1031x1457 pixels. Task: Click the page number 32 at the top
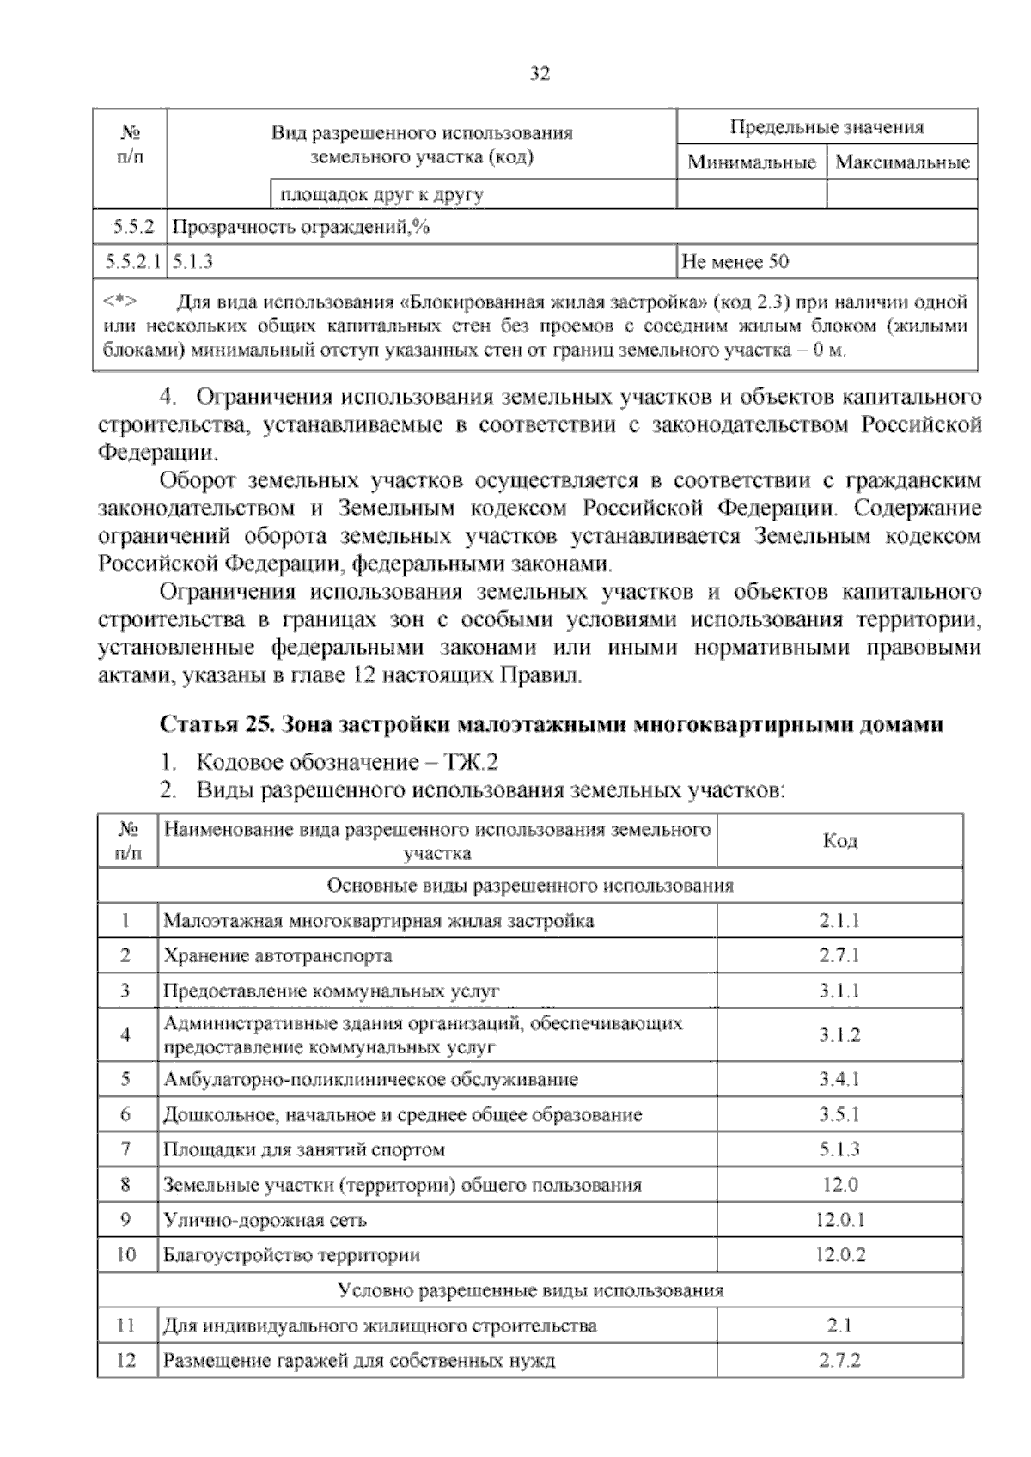point(539,74)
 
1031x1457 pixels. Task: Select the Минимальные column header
point(751,162)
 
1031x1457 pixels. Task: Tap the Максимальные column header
point(902,162)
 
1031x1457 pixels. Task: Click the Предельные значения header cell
point(827,127)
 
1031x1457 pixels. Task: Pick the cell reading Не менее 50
point(735,261)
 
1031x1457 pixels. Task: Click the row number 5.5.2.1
point(131,261)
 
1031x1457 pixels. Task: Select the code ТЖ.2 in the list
point(470,761)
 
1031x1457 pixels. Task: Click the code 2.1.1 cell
point(839,921)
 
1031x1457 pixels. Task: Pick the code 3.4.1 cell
point(839,1079)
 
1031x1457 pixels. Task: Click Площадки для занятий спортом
point(304,1149)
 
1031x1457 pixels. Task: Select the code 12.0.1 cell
point(839,1220)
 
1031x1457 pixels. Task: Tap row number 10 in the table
point(126,1254)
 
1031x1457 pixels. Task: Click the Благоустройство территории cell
point(291,1254)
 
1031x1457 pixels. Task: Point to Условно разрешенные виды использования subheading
point(530,1289)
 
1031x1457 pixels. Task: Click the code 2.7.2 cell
point(839,1360)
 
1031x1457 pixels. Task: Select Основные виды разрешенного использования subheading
point(530,886)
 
